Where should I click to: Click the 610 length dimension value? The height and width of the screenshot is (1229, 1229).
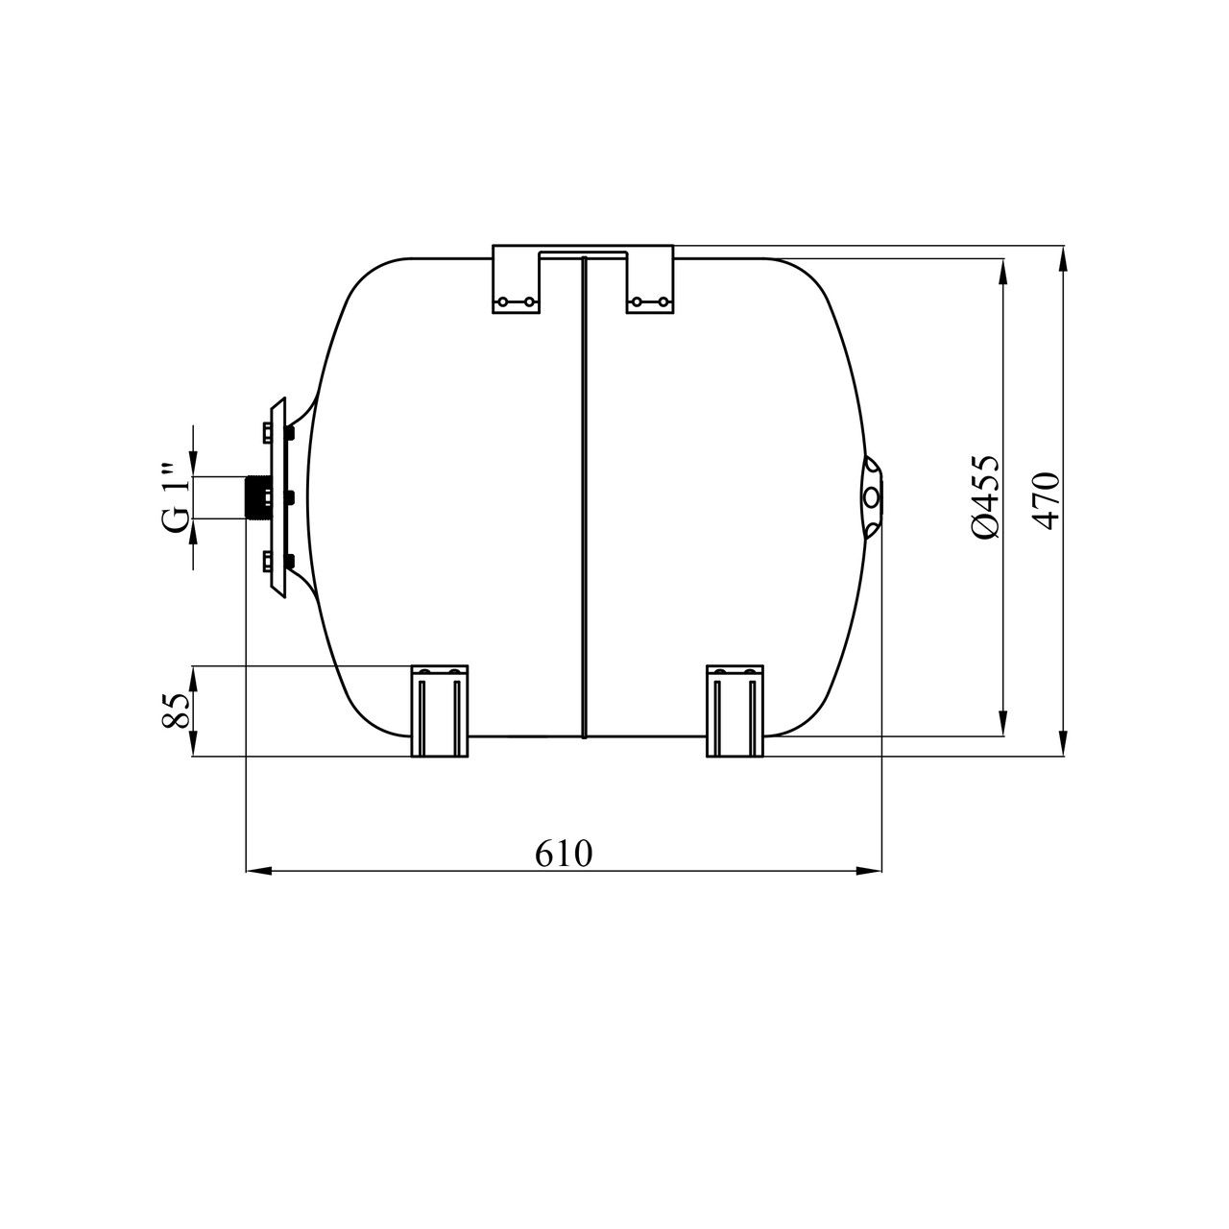point(564,854)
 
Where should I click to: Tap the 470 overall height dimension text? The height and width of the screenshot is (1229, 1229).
point(1047,500)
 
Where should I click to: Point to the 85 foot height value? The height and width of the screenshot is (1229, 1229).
point(177,710)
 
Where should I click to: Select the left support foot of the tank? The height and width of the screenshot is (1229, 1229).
point(440,711)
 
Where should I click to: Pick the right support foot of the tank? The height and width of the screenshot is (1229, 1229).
point(735,711)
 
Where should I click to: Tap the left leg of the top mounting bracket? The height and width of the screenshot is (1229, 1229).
point(516,279)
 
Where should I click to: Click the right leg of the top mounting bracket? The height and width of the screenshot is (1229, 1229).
point(650,279)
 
